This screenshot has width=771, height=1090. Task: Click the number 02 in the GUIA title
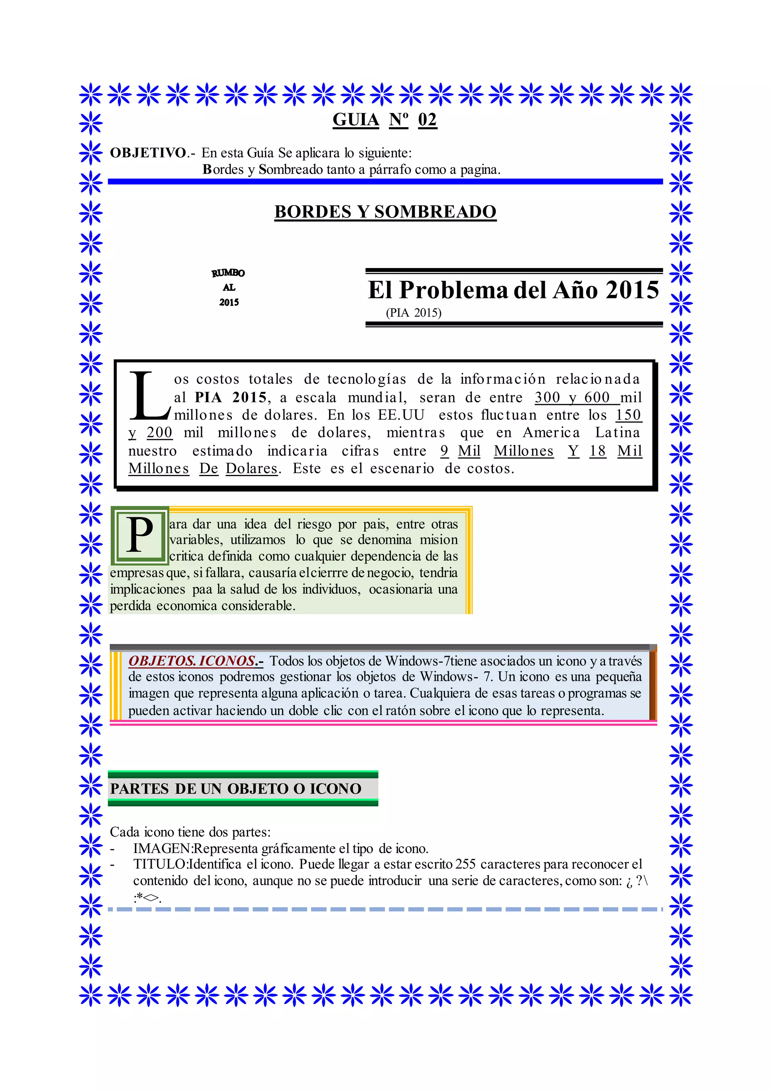click(427, 120)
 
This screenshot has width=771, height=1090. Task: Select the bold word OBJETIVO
click(148, 153)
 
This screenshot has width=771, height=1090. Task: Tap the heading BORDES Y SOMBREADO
click(385, 212)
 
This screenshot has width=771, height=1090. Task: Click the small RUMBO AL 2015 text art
click(229, 287)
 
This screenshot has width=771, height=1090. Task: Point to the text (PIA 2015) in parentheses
click(413, 313)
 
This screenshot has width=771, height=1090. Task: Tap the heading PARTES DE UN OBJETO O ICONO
click(235, 789)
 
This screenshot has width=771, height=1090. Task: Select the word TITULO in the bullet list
click(160, 865)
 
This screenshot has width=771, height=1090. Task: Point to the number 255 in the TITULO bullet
click(465, 865)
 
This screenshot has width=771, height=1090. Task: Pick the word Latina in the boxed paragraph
click(617, 432)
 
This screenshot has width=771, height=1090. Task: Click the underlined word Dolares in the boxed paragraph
click(251, 469)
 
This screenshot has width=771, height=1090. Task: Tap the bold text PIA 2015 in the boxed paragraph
click(231, 397)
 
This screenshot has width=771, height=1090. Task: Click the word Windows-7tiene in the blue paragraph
click(431, 661)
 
